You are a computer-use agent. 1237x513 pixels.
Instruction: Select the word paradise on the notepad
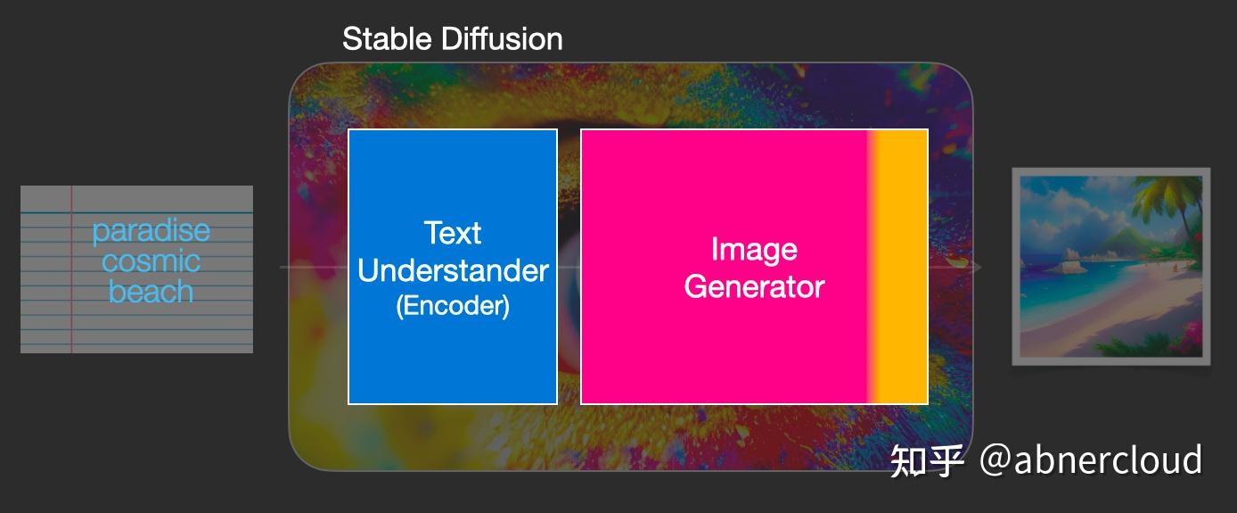tap(151, 231)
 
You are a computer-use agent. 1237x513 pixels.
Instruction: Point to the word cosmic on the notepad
tap(151, 261)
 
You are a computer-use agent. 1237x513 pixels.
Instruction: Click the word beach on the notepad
tap(151, 291)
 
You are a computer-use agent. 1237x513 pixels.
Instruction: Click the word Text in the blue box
tap(453, 233)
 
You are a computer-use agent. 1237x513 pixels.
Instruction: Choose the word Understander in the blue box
tap(453, 270)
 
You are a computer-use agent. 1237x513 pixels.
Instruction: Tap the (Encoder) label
tap(453, 305)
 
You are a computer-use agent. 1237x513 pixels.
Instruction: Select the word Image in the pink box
tap(754, 250)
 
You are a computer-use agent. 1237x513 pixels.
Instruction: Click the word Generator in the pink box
tap(754, 286)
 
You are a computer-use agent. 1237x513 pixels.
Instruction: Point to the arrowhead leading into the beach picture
tap(977, 267)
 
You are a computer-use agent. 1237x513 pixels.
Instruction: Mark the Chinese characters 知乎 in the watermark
tap(927, 460)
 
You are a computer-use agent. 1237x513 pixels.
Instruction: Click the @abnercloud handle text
tap(1091, 459)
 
